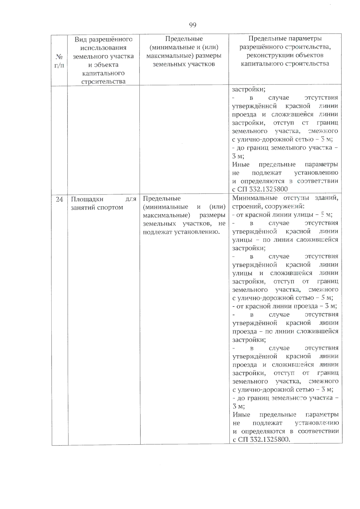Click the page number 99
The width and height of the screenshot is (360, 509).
pos(193,25)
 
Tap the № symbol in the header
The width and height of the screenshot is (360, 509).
pos(59,56)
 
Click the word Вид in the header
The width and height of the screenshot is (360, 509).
pos(80,40)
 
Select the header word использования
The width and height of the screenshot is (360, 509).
pos(103,48)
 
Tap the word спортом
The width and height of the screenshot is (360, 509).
pos(110,207)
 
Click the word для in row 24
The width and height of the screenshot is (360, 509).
pos(131,199)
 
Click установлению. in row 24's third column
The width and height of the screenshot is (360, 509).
pos(196,232)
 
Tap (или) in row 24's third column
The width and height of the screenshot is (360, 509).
pos(217,207)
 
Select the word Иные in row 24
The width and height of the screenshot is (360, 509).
pos(241,415)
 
